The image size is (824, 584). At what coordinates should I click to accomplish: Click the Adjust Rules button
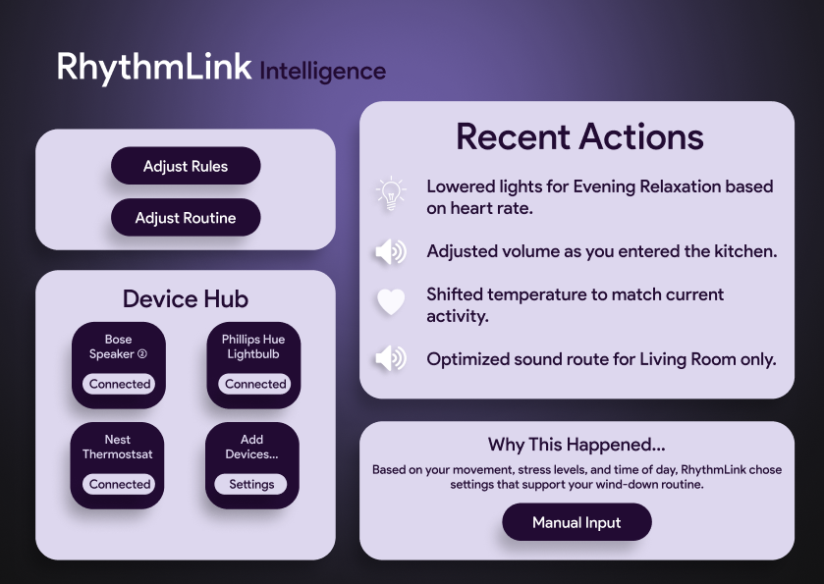[186, 166]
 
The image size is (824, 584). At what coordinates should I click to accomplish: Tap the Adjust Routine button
[186, 218]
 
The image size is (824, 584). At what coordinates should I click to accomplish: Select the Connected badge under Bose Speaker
[120, 384]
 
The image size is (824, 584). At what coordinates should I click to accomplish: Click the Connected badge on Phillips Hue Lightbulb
[255, 384]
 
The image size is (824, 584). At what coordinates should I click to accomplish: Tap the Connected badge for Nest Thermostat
[120, 484]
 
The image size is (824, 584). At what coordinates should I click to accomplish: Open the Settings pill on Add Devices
[251, 484]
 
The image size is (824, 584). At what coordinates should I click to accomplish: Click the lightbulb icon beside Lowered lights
[391, 194]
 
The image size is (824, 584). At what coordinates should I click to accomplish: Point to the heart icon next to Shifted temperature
[391, 301]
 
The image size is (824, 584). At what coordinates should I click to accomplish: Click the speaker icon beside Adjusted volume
[391, 252]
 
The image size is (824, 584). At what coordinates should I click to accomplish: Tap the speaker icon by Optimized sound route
[391, 359]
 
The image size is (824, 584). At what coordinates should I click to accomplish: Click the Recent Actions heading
[579, 136]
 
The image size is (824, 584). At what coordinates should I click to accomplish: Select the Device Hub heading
[186, 298]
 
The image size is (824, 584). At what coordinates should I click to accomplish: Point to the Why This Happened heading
[577, 445]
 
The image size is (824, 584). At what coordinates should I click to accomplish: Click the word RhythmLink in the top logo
[154, 67]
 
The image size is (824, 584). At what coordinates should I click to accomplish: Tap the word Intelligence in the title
[322, 71]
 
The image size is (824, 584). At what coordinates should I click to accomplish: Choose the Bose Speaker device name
[118, 346]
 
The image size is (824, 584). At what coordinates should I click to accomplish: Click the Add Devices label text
[251, 447]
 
